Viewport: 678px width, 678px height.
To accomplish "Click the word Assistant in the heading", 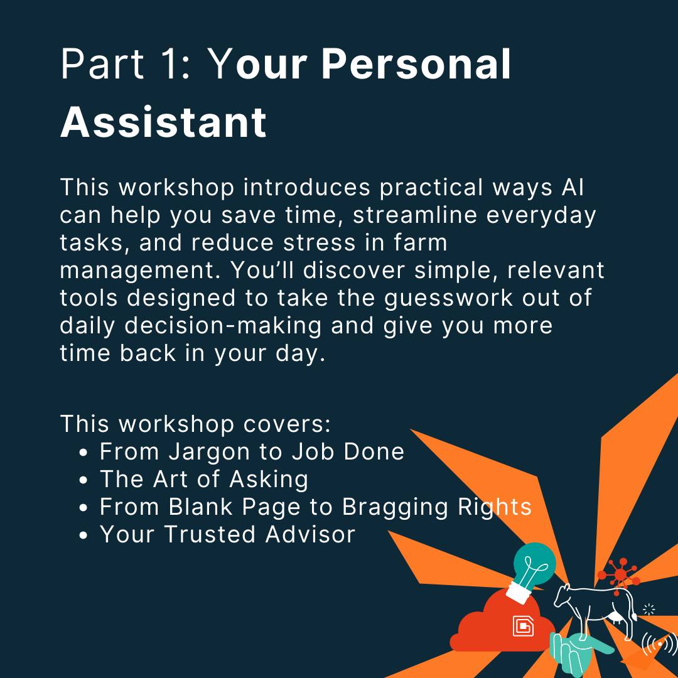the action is pyautogui.click(x=163, y=122).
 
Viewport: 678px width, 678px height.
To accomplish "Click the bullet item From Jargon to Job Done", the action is pyautogui.click(x=252, y=452).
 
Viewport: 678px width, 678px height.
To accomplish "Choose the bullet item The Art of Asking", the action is pyautogui.click(x=204, y=480).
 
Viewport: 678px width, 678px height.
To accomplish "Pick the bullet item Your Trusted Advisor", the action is pyautogui.click(x=227, y=534).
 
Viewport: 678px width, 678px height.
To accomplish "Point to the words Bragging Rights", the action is pyautogui.click(x=437, y=507).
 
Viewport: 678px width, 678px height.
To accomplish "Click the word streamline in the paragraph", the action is pyautogui.click(x=415, y=215).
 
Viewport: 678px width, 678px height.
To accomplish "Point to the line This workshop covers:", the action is pyautogui.click(x=195, y=424).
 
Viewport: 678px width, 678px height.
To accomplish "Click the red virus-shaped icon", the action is pyautogui.click(x=620, y=573).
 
